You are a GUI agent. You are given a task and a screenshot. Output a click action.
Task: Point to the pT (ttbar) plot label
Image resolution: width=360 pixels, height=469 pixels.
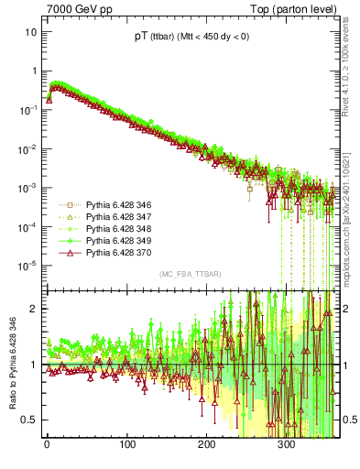tap(190, 38)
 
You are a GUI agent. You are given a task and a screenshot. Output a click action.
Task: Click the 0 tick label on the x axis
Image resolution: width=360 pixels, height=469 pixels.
tap(46, 452)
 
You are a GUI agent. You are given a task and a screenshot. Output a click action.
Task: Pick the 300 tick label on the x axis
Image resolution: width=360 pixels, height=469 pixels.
tap(286, 452)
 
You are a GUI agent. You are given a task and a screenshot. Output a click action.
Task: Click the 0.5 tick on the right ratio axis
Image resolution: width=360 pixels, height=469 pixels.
tap(349, 420)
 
